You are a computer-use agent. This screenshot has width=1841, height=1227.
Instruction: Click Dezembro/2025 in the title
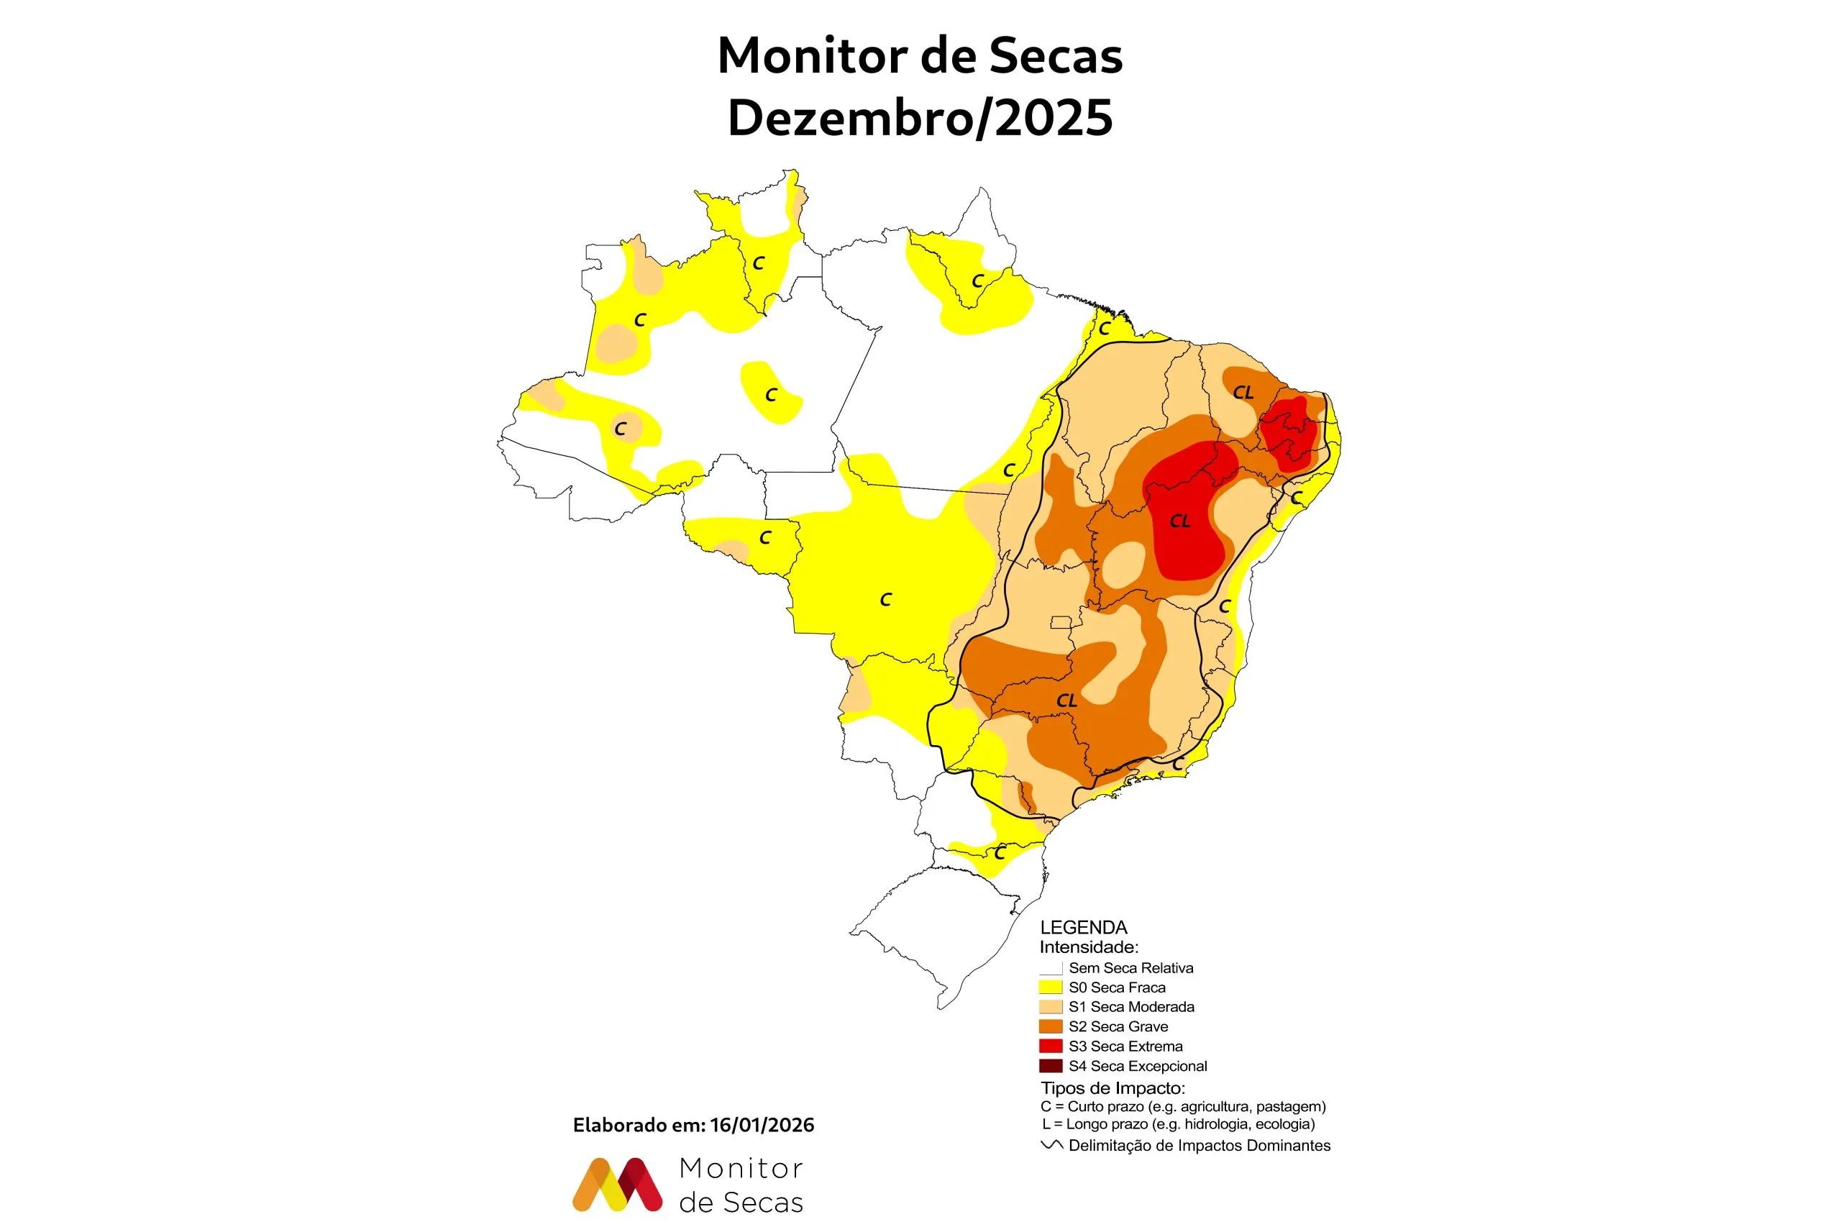920,118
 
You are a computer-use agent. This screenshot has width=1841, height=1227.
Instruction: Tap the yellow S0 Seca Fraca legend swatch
1050,987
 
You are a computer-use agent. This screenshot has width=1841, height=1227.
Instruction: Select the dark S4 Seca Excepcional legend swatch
1050,1065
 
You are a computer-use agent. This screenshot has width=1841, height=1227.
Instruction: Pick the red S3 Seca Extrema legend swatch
1050,1046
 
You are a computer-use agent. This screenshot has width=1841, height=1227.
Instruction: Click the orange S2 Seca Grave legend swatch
1050,1026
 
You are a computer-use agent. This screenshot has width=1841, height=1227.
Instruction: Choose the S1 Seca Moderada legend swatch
1050,1006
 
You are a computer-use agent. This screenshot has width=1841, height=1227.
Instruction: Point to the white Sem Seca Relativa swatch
1050,968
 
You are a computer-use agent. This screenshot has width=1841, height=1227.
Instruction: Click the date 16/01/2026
762,1126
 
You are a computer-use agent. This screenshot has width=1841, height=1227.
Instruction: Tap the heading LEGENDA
1083,927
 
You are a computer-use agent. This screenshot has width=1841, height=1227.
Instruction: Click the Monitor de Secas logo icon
617,1184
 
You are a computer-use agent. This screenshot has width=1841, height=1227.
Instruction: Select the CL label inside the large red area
1179,521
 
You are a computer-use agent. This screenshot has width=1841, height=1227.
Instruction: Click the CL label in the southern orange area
1066,701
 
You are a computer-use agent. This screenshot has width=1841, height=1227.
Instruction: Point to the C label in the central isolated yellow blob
771,395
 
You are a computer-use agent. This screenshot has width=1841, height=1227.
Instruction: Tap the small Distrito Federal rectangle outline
1061,622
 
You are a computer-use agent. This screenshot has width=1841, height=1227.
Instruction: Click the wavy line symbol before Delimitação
1051,1145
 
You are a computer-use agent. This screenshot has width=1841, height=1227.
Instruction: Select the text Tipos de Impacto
1112,1087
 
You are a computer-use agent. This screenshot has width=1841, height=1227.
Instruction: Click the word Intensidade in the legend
1087,947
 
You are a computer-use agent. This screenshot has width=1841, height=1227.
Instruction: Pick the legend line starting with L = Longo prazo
1177,1124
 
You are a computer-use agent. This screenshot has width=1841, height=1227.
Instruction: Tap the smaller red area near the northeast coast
1288,433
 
